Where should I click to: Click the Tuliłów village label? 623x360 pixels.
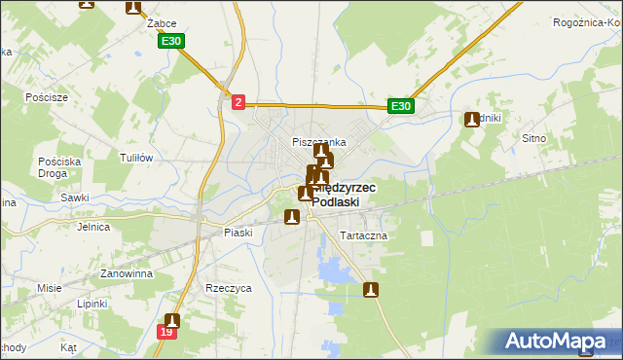135,158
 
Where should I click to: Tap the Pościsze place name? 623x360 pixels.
47,97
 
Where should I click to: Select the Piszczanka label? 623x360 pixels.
319,142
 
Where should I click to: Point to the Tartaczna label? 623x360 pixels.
363,236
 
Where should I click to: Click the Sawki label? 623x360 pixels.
75,197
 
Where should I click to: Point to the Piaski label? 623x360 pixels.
238,233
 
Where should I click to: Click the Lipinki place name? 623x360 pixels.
93,304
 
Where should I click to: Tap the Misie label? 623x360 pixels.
49,288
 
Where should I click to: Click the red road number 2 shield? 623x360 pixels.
238,101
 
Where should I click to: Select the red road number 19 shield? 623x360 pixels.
166,333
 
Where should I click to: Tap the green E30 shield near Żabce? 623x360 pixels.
170,41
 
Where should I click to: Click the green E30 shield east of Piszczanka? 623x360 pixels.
401,106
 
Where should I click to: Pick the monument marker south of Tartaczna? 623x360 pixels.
371,289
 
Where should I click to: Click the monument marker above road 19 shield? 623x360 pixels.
172,319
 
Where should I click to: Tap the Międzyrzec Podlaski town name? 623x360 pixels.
340,195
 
